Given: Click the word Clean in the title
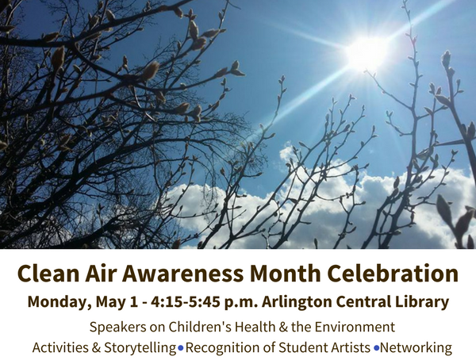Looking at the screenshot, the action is coord(48,274).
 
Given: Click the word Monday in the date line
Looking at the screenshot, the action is coord(59,302).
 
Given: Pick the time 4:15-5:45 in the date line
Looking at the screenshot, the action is coord(186,302).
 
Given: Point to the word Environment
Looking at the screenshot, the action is coord(355,327).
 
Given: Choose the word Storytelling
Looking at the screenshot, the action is coord(140,348).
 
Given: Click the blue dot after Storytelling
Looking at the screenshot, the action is coord(181,348).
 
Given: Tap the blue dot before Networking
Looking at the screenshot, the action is coord(377,348).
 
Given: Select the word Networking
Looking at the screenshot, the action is coord(416,348).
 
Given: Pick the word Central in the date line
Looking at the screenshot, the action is coord(363,302).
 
